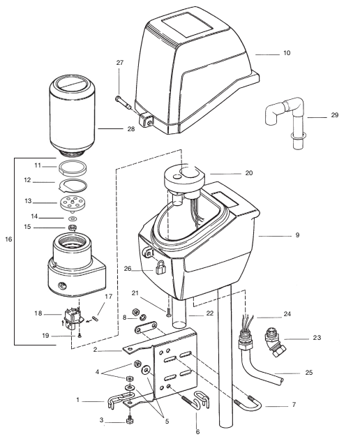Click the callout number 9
pyautogui.click(x=297, y=235)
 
